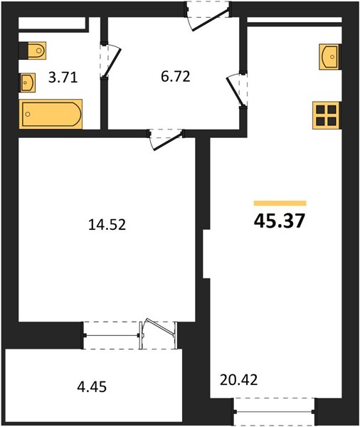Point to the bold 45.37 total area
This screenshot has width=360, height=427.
pos(280,221)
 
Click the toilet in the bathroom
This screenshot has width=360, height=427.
pos(33,51)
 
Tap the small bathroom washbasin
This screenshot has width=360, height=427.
pos(28,83)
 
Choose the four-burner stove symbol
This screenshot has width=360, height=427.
pos(327,115)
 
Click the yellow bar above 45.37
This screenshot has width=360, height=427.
pos(280,203)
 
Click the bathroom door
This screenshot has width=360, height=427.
pos(111,62)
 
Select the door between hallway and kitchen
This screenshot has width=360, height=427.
pos(235,89)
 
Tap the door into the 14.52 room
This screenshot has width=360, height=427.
pos(166,137)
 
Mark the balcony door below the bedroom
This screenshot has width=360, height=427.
pos(159,334)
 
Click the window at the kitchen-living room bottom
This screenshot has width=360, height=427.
pos(274,411)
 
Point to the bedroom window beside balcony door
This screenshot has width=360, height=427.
pos(111,334)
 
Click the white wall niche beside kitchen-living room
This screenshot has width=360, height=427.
pos(206,253)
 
